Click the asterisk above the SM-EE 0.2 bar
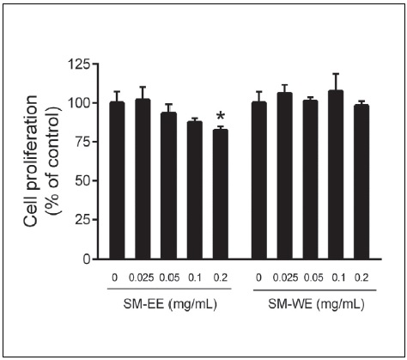(x=221, y=117)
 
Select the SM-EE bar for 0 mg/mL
(x=117, y=180)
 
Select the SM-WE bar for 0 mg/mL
(x=258, y=180)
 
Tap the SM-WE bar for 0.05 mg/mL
(x=311, y=180)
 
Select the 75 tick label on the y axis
(x=84, y=142)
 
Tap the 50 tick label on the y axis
(x=84, y=180)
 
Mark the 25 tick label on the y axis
(x=84, y=219)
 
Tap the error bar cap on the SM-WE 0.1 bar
(x=337, y=74)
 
